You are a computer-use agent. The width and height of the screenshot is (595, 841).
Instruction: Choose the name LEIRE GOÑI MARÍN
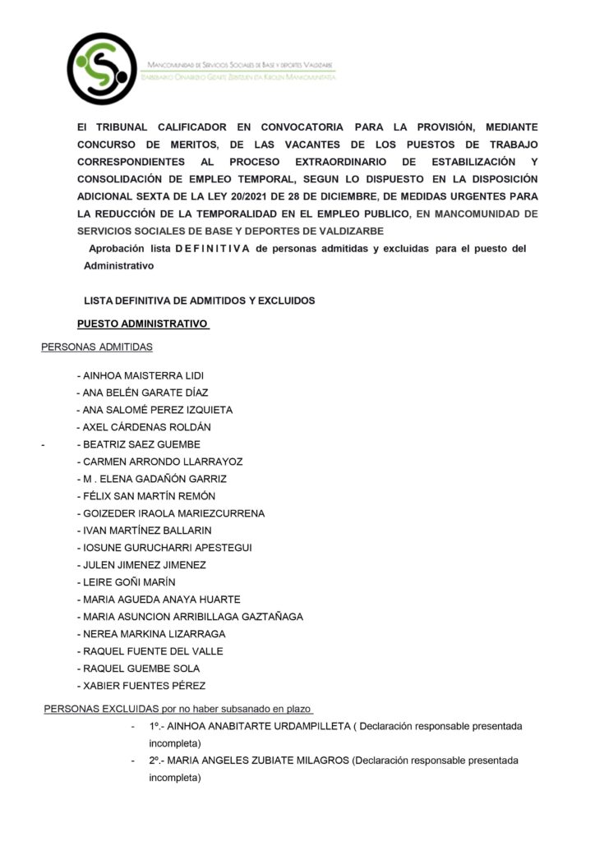(128, 582)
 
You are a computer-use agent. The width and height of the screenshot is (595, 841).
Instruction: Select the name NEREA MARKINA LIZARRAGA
(154, 634)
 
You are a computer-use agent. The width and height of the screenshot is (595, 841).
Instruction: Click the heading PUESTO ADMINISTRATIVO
(142, 324)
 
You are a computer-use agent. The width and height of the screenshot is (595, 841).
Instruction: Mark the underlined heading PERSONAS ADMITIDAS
(97, 347)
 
